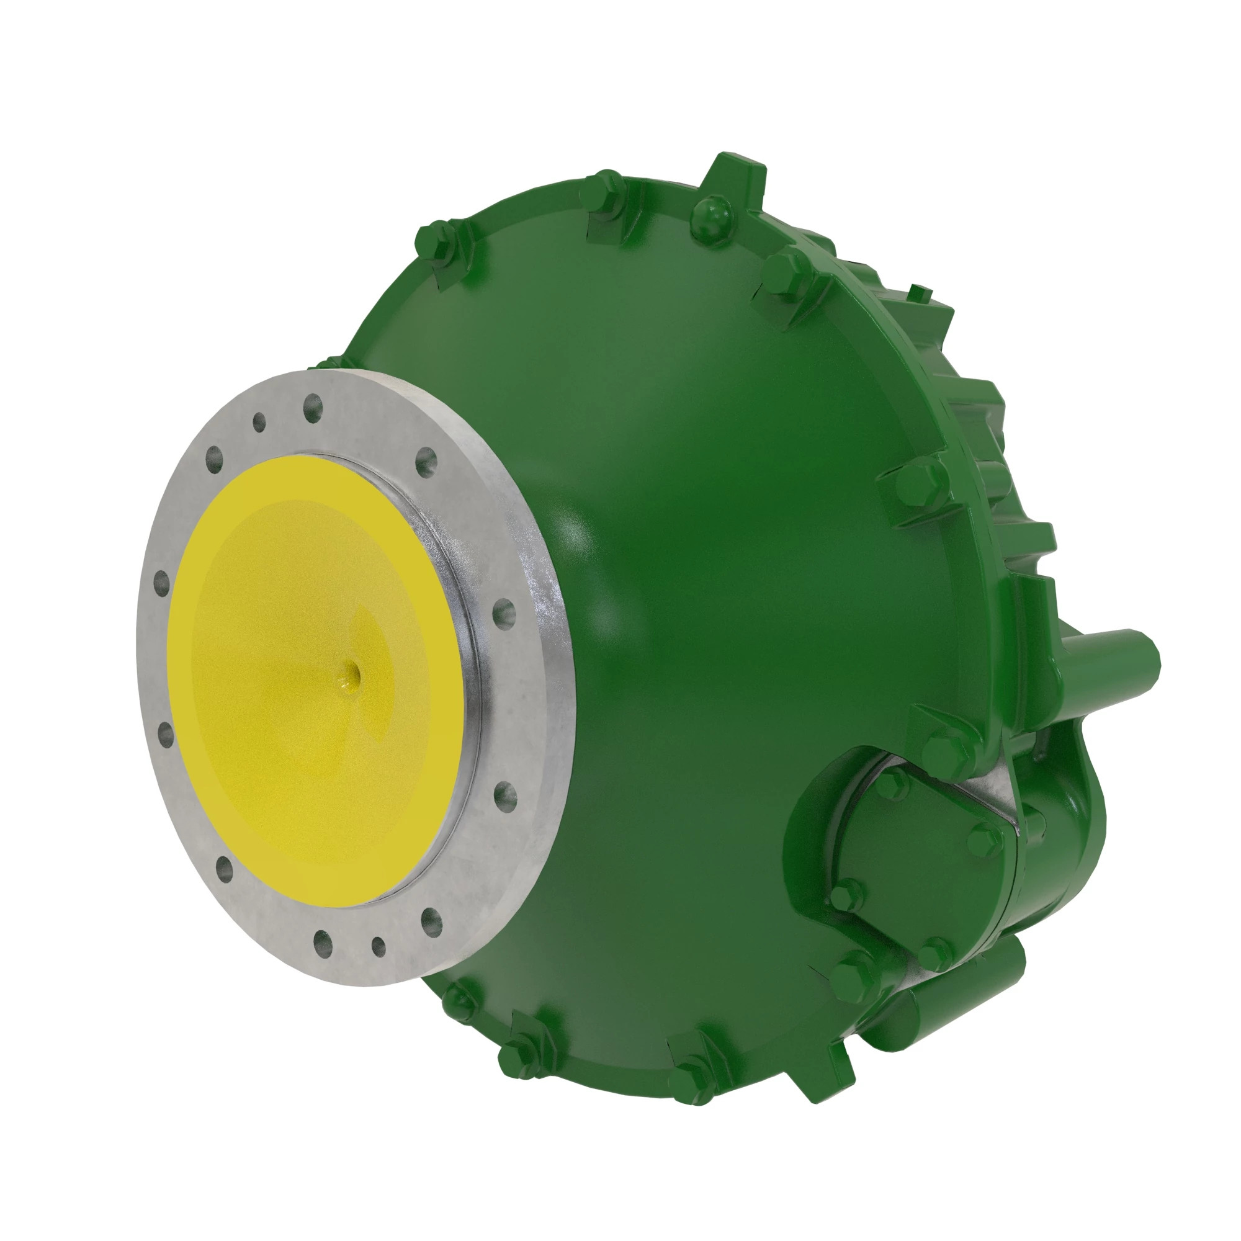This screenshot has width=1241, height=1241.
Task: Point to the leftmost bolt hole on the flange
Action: (161, 583)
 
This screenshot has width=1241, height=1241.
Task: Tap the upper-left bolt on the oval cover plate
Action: (892, 782)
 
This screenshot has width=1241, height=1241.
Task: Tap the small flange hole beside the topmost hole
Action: (259, 422)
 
